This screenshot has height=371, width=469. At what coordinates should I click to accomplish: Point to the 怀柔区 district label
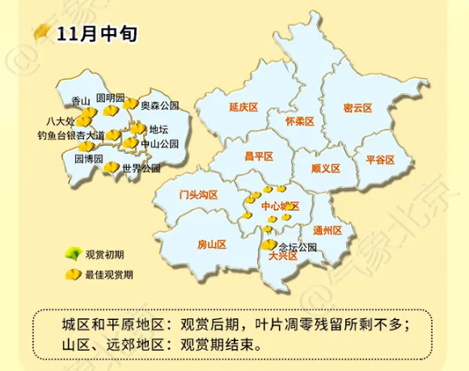pos(300,121)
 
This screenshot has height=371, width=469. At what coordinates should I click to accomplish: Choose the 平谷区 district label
pos(379,160)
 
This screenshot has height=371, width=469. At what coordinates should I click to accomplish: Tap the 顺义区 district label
pos(326,169)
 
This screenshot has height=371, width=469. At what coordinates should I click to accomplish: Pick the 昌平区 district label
pos(260,157)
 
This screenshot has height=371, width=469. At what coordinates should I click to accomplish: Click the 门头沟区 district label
pos(199,194)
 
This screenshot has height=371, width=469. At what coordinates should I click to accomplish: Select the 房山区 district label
pos(212,244)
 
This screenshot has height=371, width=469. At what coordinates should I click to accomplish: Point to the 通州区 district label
pos(329,231)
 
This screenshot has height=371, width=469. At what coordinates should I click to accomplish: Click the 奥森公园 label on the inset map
pos(159,106)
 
